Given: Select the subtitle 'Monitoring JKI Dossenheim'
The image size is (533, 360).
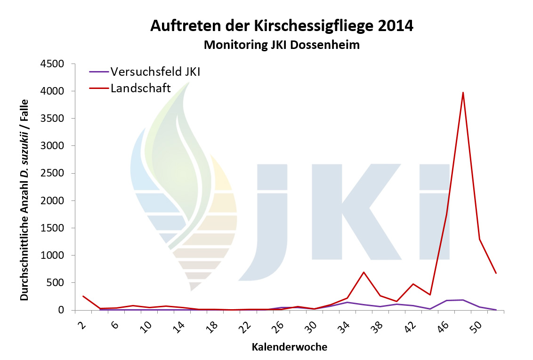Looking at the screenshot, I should coord(282,45).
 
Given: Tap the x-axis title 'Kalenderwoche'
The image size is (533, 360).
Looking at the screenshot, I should coord(289,348).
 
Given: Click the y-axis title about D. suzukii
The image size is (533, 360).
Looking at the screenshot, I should coord(24,200).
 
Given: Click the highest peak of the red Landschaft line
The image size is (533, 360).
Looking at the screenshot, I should coord(463,93).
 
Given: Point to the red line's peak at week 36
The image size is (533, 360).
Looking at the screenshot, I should coord(363,272).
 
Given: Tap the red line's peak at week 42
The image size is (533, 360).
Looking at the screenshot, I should coord(413,284).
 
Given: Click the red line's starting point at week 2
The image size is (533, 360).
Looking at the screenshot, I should coord(83,296).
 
